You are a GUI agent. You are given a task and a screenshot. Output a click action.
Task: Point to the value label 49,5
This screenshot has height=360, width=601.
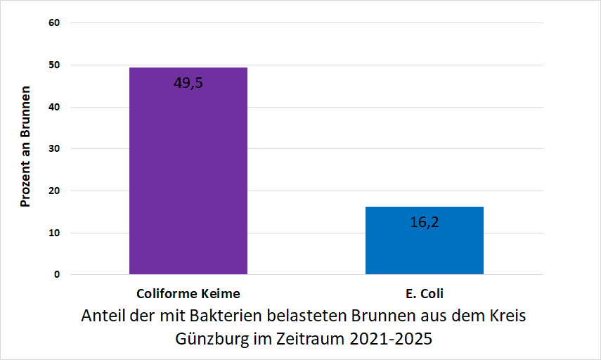(x=188, y=83)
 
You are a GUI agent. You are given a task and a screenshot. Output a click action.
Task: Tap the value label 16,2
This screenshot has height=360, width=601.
(x=424, y=223)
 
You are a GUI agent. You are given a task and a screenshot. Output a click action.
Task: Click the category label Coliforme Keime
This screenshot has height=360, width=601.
(x=188, y=293)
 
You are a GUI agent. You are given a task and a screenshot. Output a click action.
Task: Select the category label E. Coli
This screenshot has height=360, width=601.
(x=424, y=293)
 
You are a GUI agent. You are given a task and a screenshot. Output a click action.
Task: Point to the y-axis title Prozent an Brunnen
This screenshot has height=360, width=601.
(x=25, y=147)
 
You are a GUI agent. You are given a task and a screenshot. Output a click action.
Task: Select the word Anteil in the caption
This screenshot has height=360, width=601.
(x=103, y=315)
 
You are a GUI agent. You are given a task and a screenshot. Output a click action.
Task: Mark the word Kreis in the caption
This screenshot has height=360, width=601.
(x=506, y=315)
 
